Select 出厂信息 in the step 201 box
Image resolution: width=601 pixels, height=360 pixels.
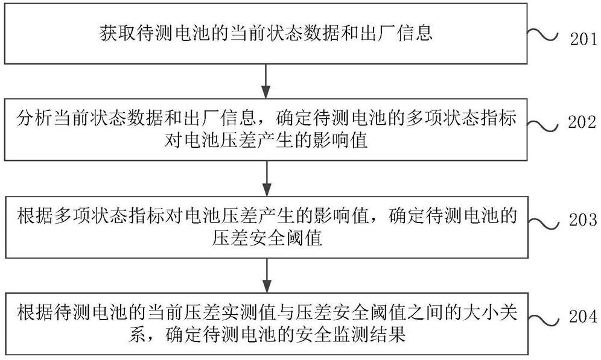coord(401,34)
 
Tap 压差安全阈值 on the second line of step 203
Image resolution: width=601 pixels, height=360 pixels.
coord(266,238)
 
